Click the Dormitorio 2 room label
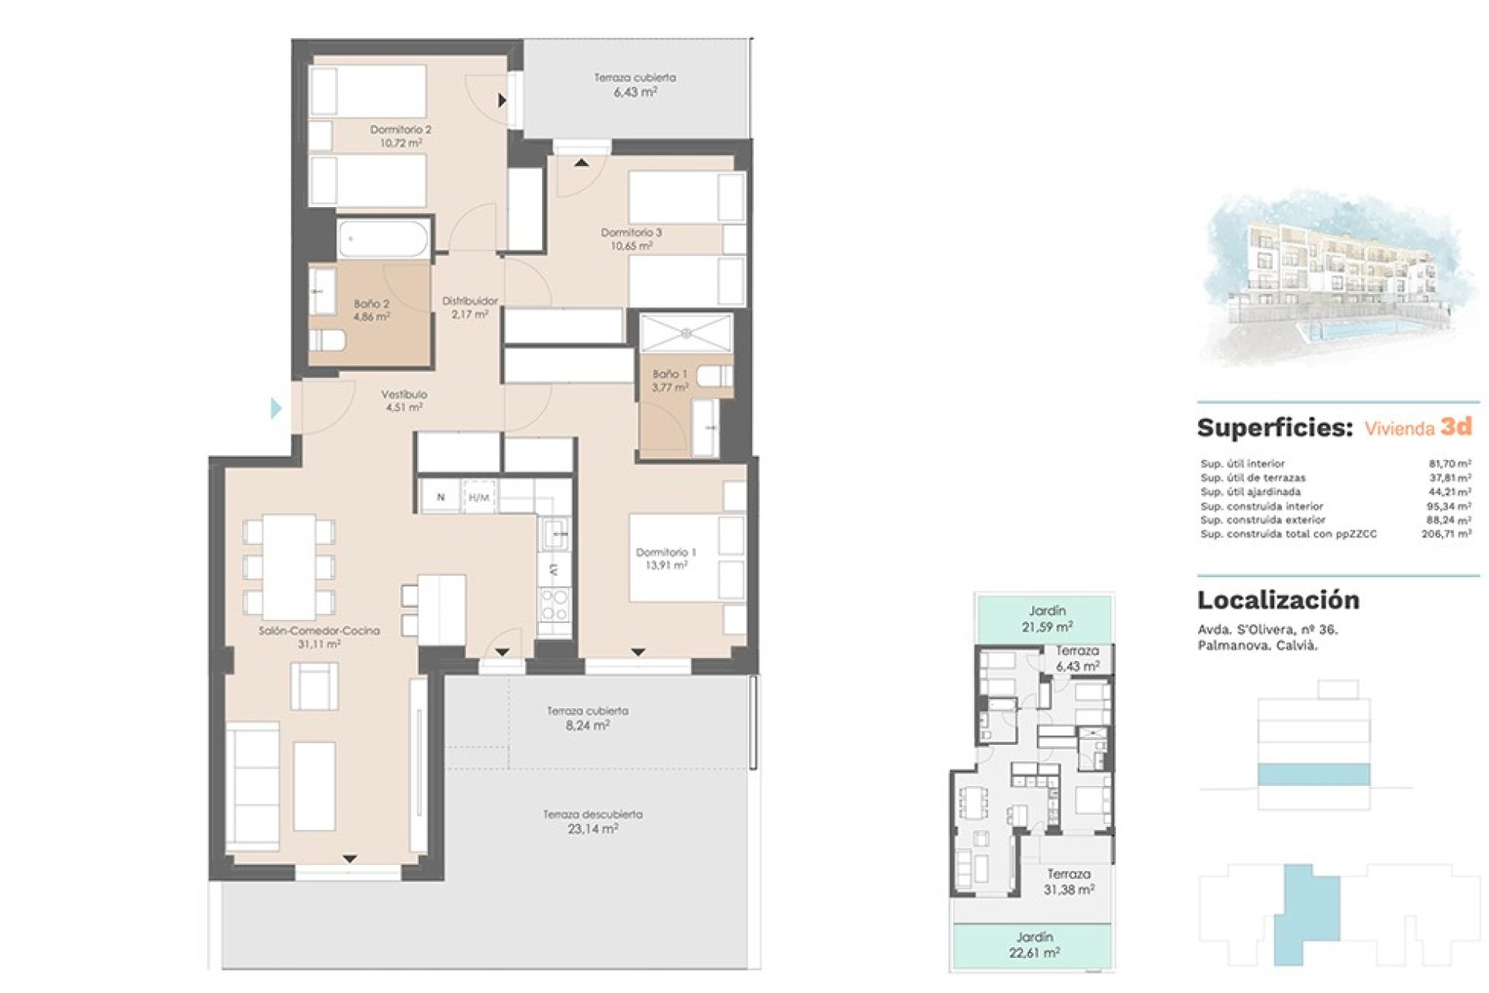(400, 136)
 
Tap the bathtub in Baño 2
(383, 238)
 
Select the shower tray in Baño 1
(686, 333)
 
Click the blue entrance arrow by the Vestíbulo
(276, 408)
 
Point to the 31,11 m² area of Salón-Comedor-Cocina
(320, 644)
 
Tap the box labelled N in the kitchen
(440, 497)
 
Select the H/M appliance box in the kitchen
(479, 497)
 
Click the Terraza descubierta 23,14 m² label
(592, 822)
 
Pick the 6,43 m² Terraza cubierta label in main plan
(635, 85)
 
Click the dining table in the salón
(288, 566)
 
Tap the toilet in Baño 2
(326, 340)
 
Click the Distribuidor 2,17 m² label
(470, 307)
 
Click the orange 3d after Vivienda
(1456, 426)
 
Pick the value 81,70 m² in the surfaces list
(1449, 463)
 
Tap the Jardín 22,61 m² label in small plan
(1035, 945)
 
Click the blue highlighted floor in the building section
(1313, 774)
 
